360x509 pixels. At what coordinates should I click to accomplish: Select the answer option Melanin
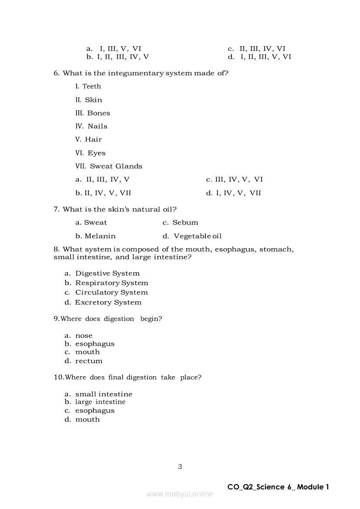[x=100, y=236]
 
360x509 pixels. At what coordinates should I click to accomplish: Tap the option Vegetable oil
[x=198, y=236]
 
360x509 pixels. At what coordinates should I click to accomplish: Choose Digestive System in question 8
[x=107, y=273]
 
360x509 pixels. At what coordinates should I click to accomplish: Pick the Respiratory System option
[x=111, y=283]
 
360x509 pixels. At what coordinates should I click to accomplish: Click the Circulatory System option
[x=111, y=293]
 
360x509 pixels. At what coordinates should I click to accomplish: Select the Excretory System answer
[x=108, y=302]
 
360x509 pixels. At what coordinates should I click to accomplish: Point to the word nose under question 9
[x=84, y=336]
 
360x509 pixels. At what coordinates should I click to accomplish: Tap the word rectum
[x=89, y=361]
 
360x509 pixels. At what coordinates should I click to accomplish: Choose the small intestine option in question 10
[x=104, y=394]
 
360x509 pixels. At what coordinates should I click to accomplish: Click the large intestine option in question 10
[x=100, y=402]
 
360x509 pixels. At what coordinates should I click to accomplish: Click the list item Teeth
[x=91, y=86]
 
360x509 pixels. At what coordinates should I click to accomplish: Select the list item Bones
[x=98, y=113]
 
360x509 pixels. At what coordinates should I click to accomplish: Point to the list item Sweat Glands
[x=116, y=166]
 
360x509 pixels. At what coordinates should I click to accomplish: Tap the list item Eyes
[x=96, y=153]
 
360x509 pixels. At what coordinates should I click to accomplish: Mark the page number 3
[x=180, y=467]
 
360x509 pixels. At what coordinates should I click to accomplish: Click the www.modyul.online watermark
[x=180, y=494]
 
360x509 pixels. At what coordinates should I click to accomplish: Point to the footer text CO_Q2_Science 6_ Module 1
[x=278, y=487]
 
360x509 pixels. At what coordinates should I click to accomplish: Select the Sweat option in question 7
[x=95, y=222]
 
